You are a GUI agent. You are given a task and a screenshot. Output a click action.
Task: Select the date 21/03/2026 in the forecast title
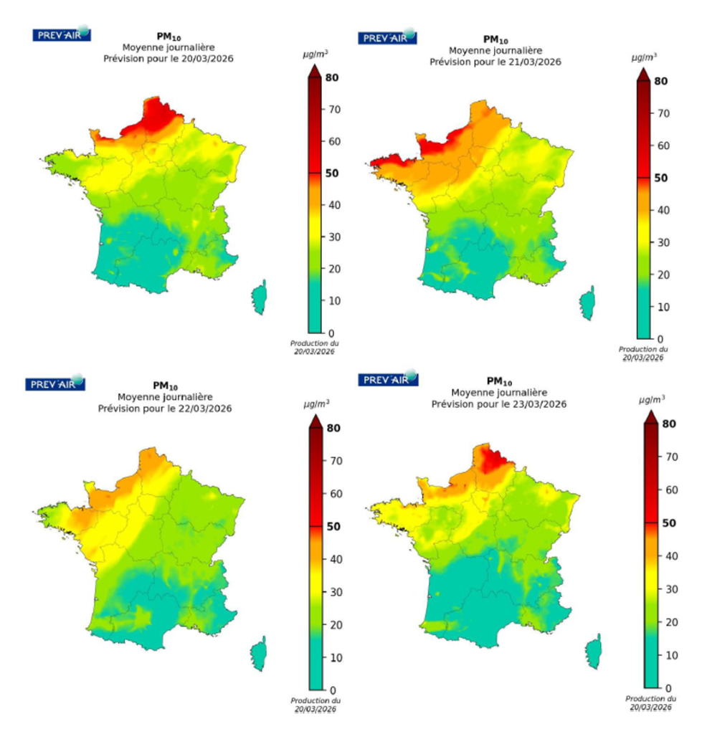(530, 62)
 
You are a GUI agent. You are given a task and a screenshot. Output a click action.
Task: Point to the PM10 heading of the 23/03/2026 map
(498, 381)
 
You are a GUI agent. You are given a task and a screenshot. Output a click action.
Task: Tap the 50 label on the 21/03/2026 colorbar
(661, 178)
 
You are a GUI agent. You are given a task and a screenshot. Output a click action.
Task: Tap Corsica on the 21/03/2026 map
(587, 303)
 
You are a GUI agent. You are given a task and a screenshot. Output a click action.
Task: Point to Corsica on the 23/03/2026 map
(593, 653)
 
